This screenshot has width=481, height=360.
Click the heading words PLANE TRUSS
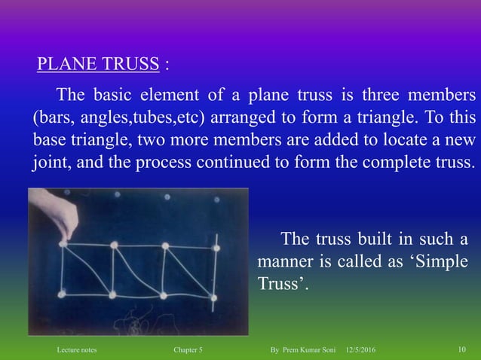pos(99,63)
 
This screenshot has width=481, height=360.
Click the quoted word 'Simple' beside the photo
pos(440,262)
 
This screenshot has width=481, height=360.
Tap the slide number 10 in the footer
pos(462,351)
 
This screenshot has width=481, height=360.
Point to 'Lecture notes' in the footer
pos(77,351)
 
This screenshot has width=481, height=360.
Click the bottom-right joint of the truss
pos(213,298)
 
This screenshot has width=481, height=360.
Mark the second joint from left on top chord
pos(114,245)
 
